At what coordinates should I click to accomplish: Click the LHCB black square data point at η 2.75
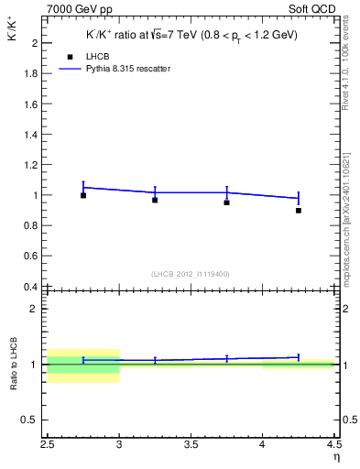[83, 195]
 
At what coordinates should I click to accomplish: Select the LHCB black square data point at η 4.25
[299, 210]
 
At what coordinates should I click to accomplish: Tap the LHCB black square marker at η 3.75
[226, 202]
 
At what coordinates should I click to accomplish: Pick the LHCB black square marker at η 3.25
[155, 200]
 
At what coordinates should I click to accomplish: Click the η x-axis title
[335, 455]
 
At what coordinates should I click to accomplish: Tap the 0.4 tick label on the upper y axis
[30, 287]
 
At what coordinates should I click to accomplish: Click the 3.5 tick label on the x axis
[191, 446]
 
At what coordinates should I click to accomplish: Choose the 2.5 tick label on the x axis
[48, 446]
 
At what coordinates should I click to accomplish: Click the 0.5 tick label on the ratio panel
[30, 420]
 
